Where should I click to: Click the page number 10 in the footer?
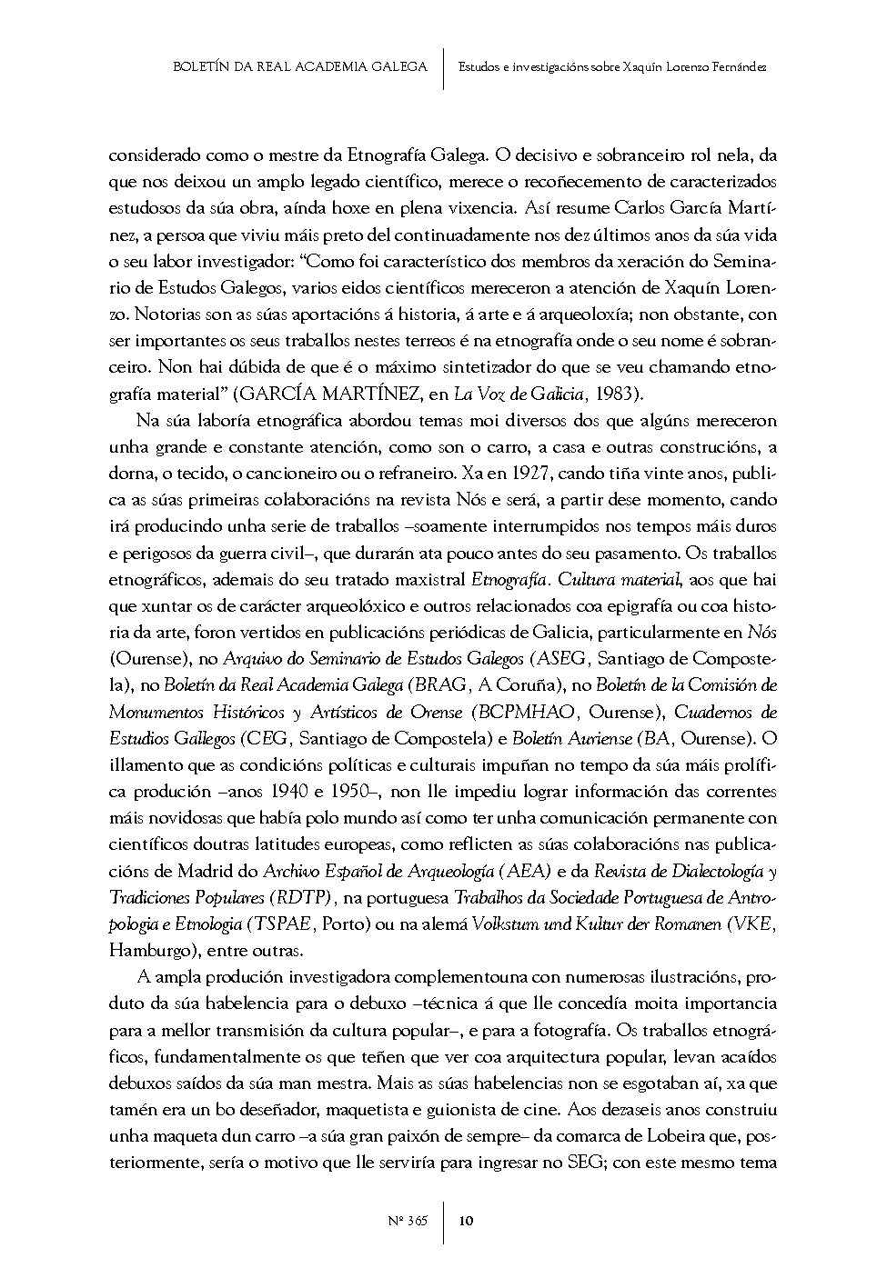(x=465, y=1221)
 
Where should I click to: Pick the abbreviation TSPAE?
(x=280, y=924)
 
